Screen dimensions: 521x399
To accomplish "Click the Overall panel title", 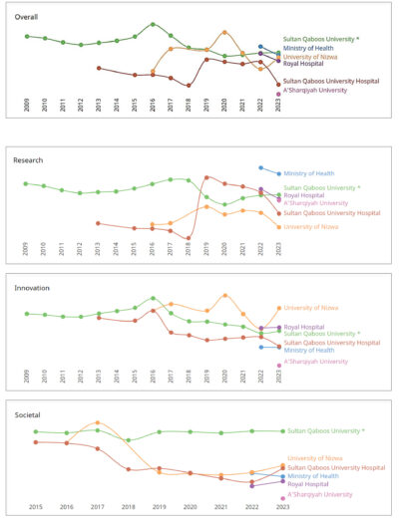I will (27, 17).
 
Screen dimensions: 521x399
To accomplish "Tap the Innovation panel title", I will (33, 287).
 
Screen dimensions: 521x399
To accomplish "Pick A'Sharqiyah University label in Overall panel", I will (315, 90).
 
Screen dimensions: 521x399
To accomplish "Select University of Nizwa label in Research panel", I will (313, 226).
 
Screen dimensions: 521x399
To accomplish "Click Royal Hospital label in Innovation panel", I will (304, 327).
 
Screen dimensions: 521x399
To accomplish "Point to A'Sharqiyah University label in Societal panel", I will (319, 494).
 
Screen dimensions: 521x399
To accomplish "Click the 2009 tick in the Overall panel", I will (27, 103).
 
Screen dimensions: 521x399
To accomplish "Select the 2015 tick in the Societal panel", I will (35, 507).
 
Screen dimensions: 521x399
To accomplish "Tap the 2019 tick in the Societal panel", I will (159, 507).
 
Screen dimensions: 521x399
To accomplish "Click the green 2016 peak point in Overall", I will (153, 24).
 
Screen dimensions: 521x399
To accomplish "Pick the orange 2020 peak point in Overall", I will (224, 32).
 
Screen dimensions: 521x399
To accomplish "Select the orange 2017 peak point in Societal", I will (97, 422).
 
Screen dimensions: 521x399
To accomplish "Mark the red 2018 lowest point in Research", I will (189, 238).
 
